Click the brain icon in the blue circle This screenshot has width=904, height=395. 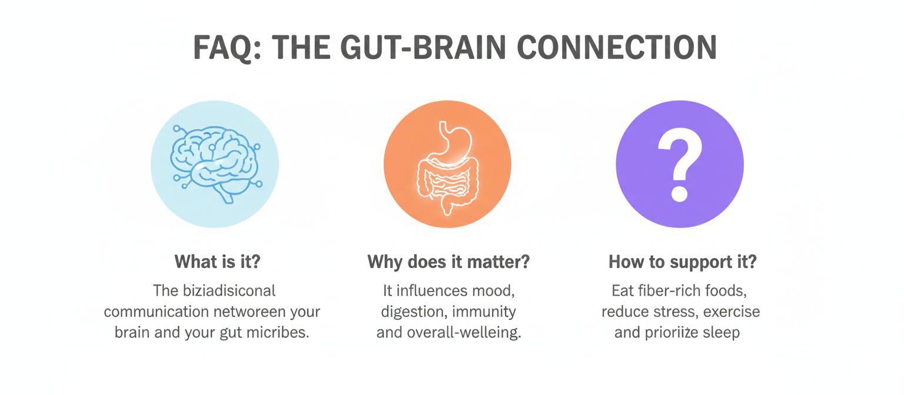pos(215,163)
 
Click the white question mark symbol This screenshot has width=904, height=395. pos(679,165)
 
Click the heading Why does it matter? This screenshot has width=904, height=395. pos(448,262)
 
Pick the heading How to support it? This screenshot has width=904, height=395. pos(683,262)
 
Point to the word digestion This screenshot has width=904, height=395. pos(411,312)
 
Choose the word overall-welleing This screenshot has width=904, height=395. pos(463,332)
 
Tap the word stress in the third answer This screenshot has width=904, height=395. pos(669,312)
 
